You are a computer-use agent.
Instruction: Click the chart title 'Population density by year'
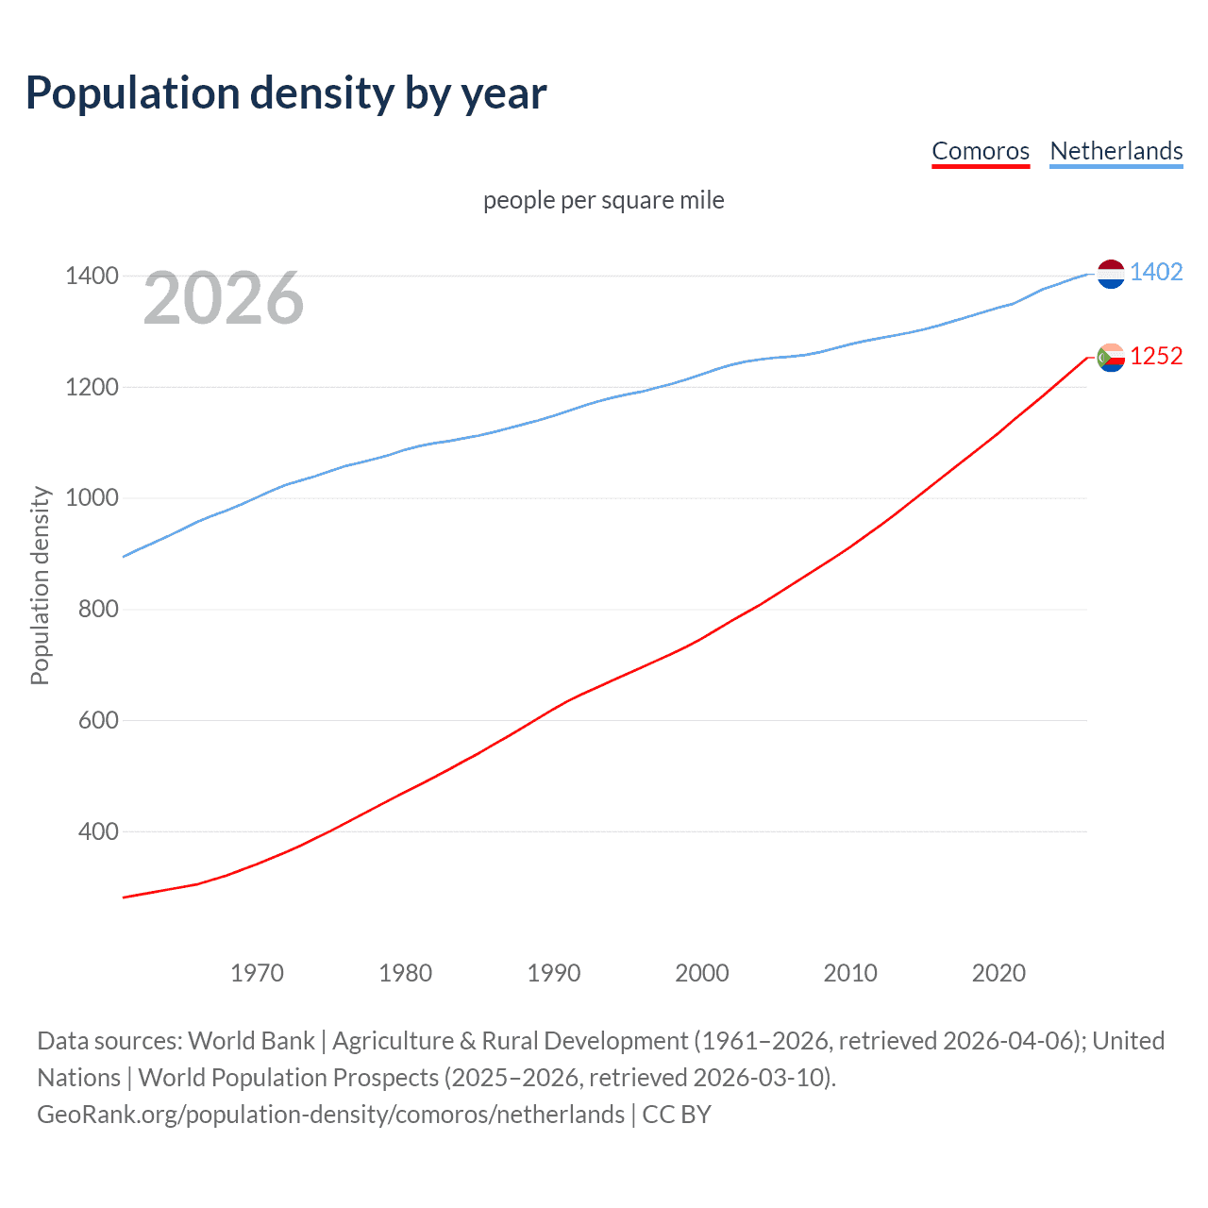point(286,93)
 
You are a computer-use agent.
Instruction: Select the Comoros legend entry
point(981,151)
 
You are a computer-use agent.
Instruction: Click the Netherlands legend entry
point(1116,151)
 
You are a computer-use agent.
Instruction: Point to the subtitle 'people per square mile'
point(604,200)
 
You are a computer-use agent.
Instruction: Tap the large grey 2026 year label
point(224,299)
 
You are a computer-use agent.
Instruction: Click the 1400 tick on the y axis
point(92,277)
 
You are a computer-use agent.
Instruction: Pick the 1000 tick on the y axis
point(92,498)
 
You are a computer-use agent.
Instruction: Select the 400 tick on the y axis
point(98,831)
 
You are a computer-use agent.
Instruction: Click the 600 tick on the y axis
point(98,720)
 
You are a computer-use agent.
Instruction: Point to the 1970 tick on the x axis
point(257,973)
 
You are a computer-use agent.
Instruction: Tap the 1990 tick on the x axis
point(554,973)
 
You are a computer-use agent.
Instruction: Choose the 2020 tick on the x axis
point(998,973)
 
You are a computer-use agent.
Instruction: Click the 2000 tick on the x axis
point(702,973)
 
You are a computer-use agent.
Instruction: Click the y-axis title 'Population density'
point(40,585)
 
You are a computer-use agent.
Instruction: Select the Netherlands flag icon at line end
point(1111,274)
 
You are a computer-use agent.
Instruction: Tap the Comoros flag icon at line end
point(1111,358)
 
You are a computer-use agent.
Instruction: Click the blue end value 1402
point(1156,273)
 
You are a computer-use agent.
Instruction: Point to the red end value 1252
point(1156,357)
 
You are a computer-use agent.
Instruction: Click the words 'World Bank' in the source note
point(251,1041)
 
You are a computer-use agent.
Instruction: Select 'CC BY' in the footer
point(677,1115)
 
